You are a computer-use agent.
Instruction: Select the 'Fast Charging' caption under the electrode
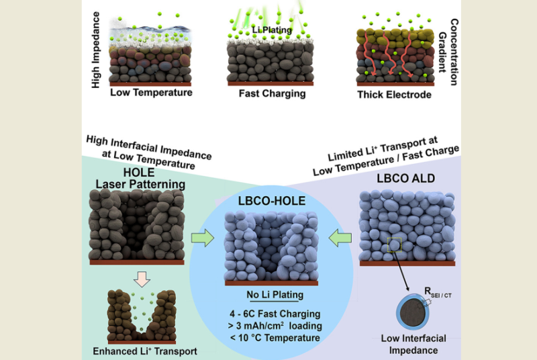tap(272, 93)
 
